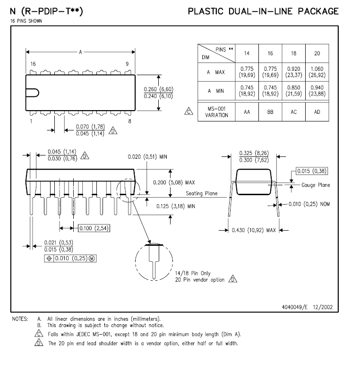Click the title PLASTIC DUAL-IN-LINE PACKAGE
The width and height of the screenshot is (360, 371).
(263, 11)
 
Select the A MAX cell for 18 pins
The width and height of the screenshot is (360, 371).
(293, 72)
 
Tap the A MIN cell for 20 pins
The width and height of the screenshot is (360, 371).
(317, 91)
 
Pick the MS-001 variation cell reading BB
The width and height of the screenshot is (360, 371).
(270, 113)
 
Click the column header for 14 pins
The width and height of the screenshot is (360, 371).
(247, 54)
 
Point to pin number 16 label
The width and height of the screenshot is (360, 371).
(33, 64)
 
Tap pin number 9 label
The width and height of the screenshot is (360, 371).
(127, 64)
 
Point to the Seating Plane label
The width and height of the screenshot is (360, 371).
(202, 193)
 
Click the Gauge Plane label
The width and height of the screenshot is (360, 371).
(316, 185)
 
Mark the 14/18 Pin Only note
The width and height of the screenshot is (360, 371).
(193, 273)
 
